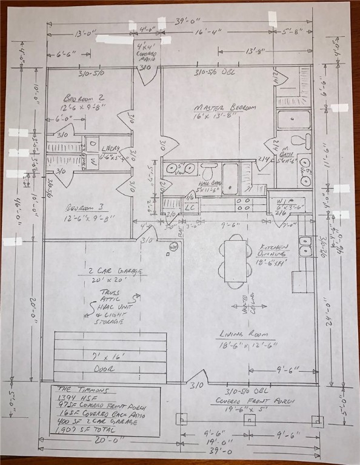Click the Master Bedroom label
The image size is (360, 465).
(224, 108)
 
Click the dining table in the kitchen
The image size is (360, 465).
(235, 260)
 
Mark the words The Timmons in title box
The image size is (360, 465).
(75, 389)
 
